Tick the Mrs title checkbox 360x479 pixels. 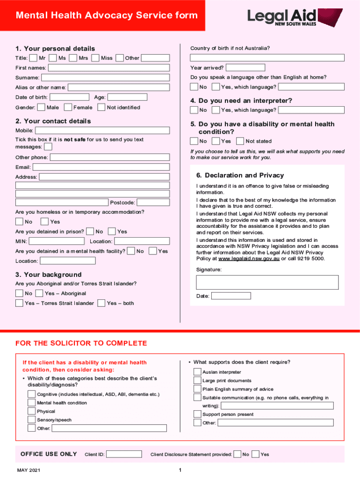[x=73, y=58]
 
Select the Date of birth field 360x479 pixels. [x=69, y=97]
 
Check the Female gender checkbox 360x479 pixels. [x=68, y=108]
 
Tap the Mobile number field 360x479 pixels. [x=102, y=131]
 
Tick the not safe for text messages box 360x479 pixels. [x=48, y=147]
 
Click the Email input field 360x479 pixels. [x=101, y=167]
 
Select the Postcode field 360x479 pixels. [x=153, y=203]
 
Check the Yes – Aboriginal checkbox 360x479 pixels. [x=39, y=293]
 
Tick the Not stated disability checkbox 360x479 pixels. [x=240, y=141]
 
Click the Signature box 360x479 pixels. [x=267, y=282]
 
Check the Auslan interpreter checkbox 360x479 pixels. [x=197, y=372]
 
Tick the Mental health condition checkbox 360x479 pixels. [x=31, y=403]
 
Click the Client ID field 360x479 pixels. [x=124, y=454]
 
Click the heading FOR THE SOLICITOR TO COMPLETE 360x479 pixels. [x=81, y=343]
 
